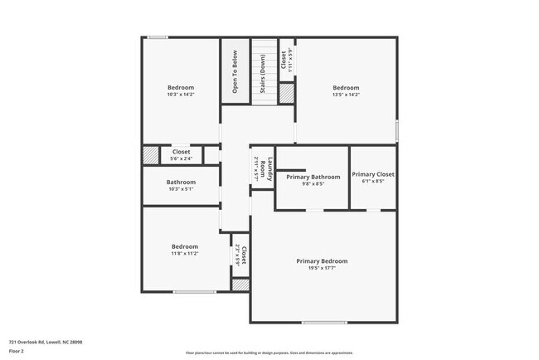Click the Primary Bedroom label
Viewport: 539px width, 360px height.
pyautogui.click(x=322, y=261)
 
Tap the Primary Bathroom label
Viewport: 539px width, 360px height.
pyautogui.click(x=313, y=177)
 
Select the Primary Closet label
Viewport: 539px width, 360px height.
pyautogui.click(x=372, y=174)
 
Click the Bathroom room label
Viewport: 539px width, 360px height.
pyautogui.click(x=180, y=182)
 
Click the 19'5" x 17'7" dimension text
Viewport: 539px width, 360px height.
pyautogui.click(x=322, y=268)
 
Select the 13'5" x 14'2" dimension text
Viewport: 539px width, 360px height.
pyautogui.click(x=346, y=95)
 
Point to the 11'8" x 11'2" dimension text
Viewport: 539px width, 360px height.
pyautogui.click(x=184, y=253)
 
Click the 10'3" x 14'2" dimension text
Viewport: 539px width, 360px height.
pyautogui.click(x=180, y=95)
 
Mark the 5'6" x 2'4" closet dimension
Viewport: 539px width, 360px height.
pyautogui.click(x=181, y=158)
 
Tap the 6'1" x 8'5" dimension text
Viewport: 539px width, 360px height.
pyautogui.click(x=372, y=182)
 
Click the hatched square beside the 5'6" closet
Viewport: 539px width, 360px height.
pyautogui.click(x=151, y=155)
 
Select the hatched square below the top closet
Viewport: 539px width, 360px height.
pyautogui.click(x=286, y=94)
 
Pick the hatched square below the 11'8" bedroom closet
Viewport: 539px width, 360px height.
pyautogui.click(x=240, y=285)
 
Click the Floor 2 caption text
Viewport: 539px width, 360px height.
pyautogui.click(x=17, y=348)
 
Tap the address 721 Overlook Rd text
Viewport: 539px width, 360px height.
pyautogui.click(x=46, y=341)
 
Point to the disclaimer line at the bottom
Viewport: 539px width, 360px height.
pyautogui.click(x=269, y=353)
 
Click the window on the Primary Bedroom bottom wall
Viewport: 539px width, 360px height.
pyautogui.click(x=324, y=322)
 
